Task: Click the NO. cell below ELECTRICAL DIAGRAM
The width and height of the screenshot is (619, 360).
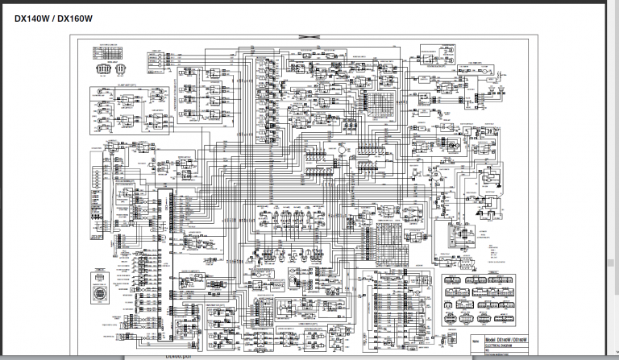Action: [488, 350]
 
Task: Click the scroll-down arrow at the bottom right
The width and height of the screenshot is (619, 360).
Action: [613, 355]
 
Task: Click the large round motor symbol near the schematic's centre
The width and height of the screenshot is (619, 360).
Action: [341, 151]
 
